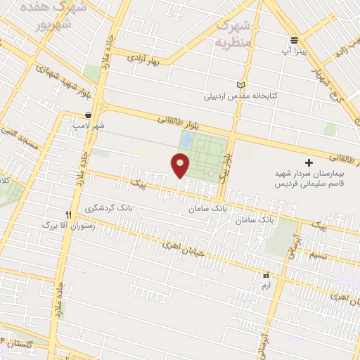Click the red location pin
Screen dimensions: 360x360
(x=181, y=165)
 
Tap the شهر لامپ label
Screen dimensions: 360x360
(x=86, y=125)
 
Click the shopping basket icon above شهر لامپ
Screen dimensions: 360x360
(x=87, y=114)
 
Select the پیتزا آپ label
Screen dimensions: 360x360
(x=294, y=51)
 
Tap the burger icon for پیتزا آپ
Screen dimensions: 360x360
(x=294, y=39)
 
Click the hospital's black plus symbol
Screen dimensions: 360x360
(x=308, y=162)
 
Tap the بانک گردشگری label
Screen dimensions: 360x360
(x=106, y=209)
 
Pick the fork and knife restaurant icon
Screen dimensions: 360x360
(x=68, y=214)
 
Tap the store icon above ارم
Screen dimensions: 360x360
(x=266, y=276)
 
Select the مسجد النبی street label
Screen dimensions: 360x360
(x=18, y=133)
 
